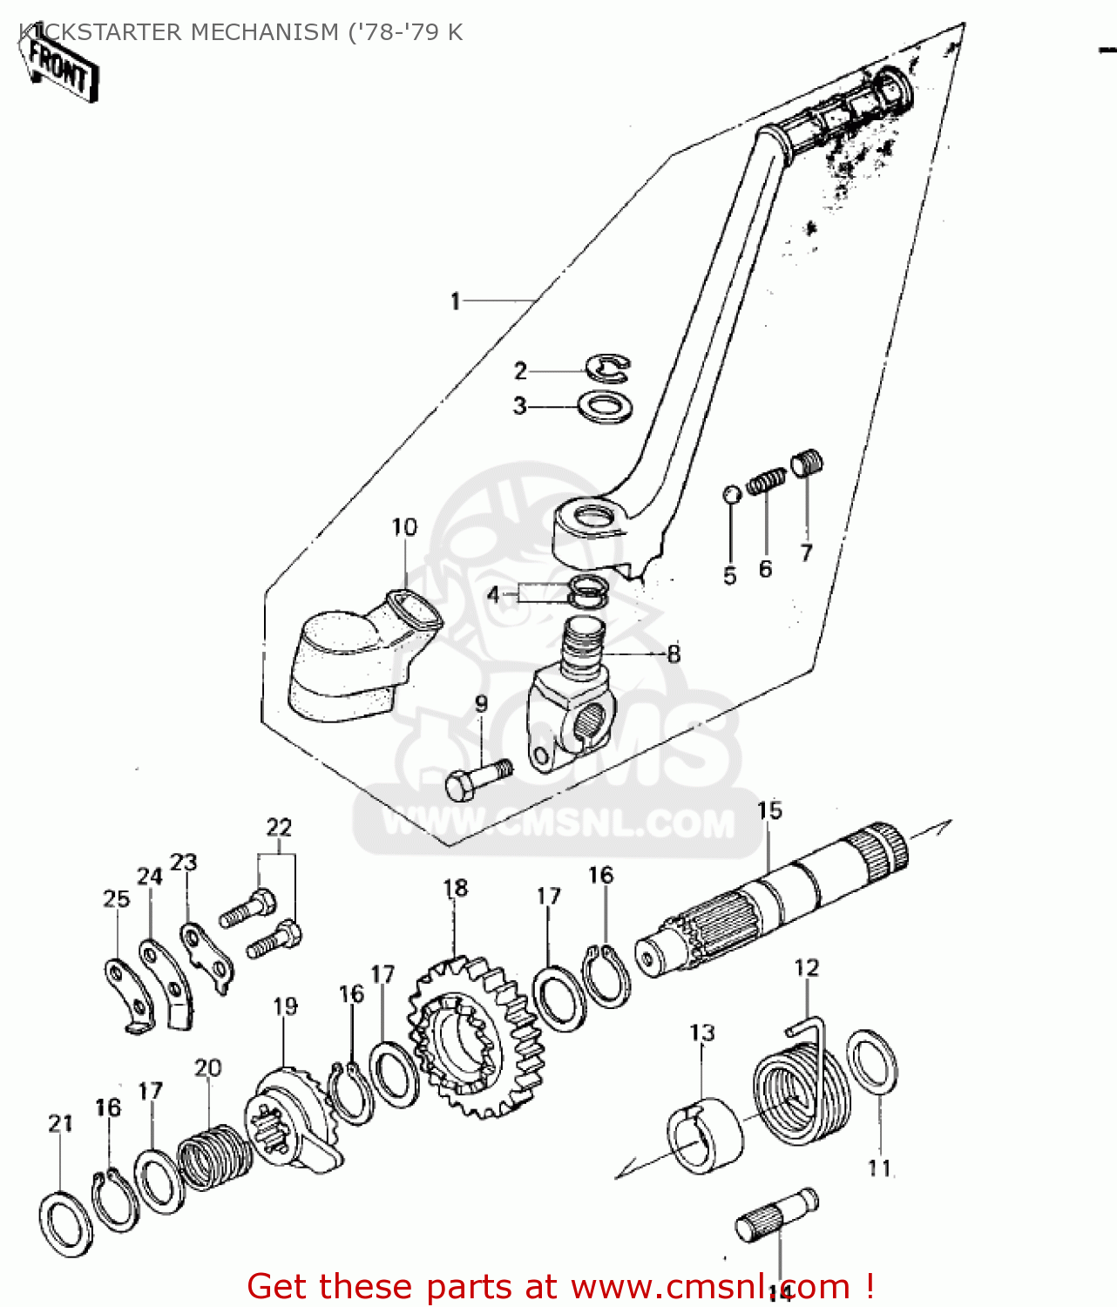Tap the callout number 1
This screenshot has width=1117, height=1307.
pyautogui.click(x=455, y=301)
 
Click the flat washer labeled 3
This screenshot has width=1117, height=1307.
pyautogui.click(x=606, y=407)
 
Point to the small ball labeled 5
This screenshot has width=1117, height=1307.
pyautogui.click(x=732, y=494)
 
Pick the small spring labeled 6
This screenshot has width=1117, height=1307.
pyautogui.click(x=767, y=481)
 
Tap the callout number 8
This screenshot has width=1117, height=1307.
pyautogui.click(x=674, y=653)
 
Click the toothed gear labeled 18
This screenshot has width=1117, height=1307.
pyautogui.click(x=470, y=1037)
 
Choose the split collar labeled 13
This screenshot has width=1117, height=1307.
pyautogui.click(x=706, y=1135)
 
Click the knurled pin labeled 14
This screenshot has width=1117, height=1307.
pyautogui.click(x=775, y=1216)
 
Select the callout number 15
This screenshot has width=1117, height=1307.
pyautogui.click(x=769, y=811)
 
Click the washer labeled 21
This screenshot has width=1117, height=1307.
pyautogui.click(x=66, y=1223)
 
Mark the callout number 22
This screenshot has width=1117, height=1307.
pyautogui.click(x=279, y=827)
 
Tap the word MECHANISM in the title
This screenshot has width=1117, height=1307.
pyautogui.click(x=264, y=32)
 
